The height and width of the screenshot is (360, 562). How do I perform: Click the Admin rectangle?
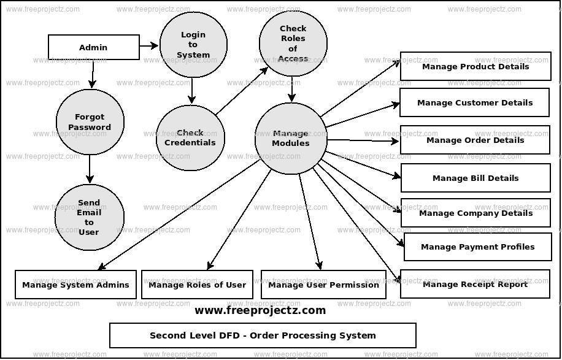[93, 47]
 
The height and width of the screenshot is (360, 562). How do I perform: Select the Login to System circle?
[193, 45]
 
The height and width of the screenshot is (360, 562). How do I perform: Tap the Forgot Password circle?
[90, 122]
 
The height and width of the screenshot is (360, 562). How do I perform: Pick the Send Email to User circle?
[89, 217]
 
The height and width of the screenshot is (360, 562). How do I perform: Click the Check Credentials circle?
[190, 137]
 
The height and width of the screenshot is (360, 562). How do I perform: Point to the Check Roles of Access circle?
[292, 44]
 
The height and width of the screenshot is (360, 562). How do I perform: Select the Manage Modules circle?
[291, 138]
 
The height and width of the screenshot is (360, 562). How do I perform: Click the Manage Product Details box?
[475, 66]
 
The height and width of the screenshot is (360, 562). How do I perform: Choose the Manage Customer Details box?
[474, 102]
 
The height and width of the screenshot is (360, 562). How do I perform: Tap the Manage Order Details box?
[474, 140]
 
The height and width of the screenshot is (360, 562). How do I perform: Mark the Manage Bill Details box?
[475, 178]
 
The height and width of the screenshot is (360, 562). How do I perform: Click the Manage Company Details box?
[475, 213]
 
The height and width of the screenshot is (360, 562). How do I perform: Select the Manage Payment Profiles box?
[477, 247]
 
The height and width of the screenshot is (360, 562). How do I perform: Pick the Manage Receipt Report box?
[474, 284]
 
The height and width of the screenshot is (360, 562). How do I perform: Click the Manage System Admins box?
[75, 285]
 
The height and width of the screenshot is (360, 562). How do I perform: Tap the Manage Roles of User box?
[197, 285]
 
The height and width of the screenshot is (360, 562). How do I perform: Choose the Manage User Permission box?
[323, 285]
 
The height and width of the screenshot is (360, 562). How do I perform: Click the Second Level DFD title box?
[263, 335]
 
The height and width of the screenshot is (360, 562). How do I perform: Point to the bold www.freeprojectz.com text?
[260, 310]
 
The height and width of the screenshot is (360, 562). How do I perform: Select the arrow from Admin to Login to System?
[149, 45]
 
